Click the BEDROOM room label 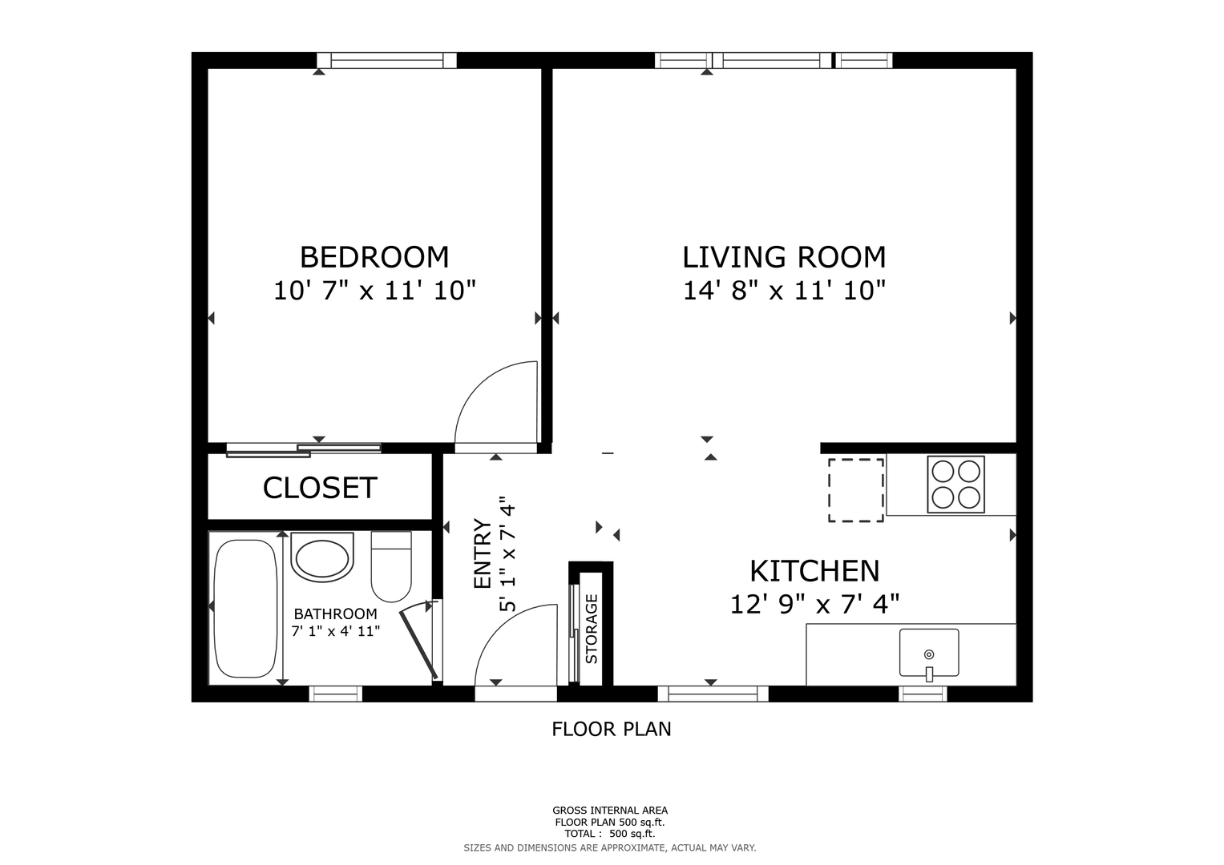pyautogui.click(x=374, y=257)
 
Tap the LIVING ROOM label pyautogui.click(x=784, y=257)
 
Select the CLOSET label pyautogui.click(x=320, y=488)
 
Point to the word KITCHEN pyautogui.click(x=814, y=571)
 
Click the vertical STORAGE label pyautogui.click(x=592, y=629)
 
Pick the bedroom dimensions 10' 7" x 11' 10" pyautogui.click(x=375, y=290)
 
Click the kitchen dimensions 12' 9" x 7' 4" pyautogui.click(x=814, y=604)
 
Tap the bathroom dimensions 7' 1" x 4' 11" pyautogui.click(x=336, y=631)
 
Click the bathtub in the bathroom pyautogui.click(x=245, y=609)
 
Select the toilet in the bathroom pyautogui.click(x=391, y=566)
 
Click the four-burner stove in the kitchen pyautogui.click(x=955, y=485)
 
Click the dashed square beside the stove pyautogui.click(x=856, y=490)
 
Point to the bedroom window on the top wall pyautogui.click(x=387, y=60)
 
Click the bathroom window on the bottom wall pyautogui.click(x=336, y=694)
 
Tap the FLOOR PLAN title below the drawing pyautogui.click(x=612, y=730)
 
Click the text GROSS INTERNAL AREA pyautogui.click(x=610, y=811)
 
